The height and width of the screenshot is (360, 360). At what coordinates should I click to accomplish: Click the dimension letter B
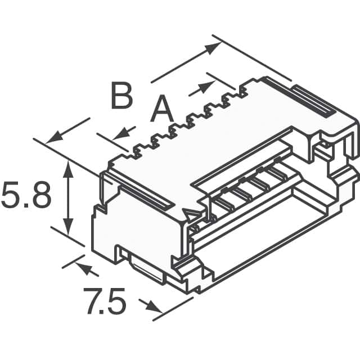[x=121, y=97]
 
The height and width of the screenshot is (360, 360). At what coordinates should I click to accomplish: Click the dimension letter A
[x=162, y=110]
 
